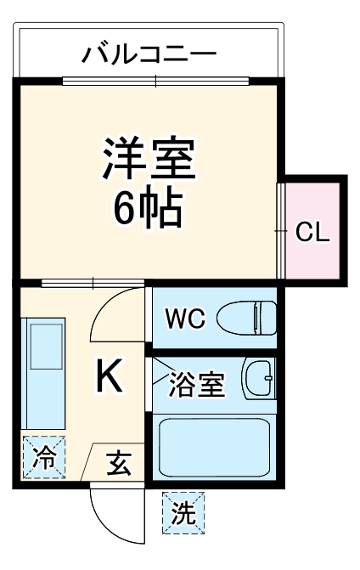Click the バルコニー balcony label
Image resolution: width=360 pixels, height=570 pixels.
point(149,56)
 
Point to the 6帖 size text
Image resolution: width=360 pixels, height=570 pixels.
point(149,206)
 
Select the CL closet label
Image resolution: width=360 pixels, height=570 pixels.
point(312,233)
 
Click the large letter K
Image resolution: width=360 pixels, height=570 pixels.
point(109,377)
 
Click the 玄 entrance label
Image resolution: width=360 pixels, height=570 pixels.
point(119,465)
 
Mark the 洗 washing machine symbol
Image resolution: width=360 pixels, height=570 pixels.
point(183,513)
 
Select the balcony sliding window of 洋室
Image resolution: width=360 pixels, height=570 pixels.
point(156,82)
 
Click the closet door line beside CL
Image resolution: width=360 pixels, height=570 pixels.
point(281,229)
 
